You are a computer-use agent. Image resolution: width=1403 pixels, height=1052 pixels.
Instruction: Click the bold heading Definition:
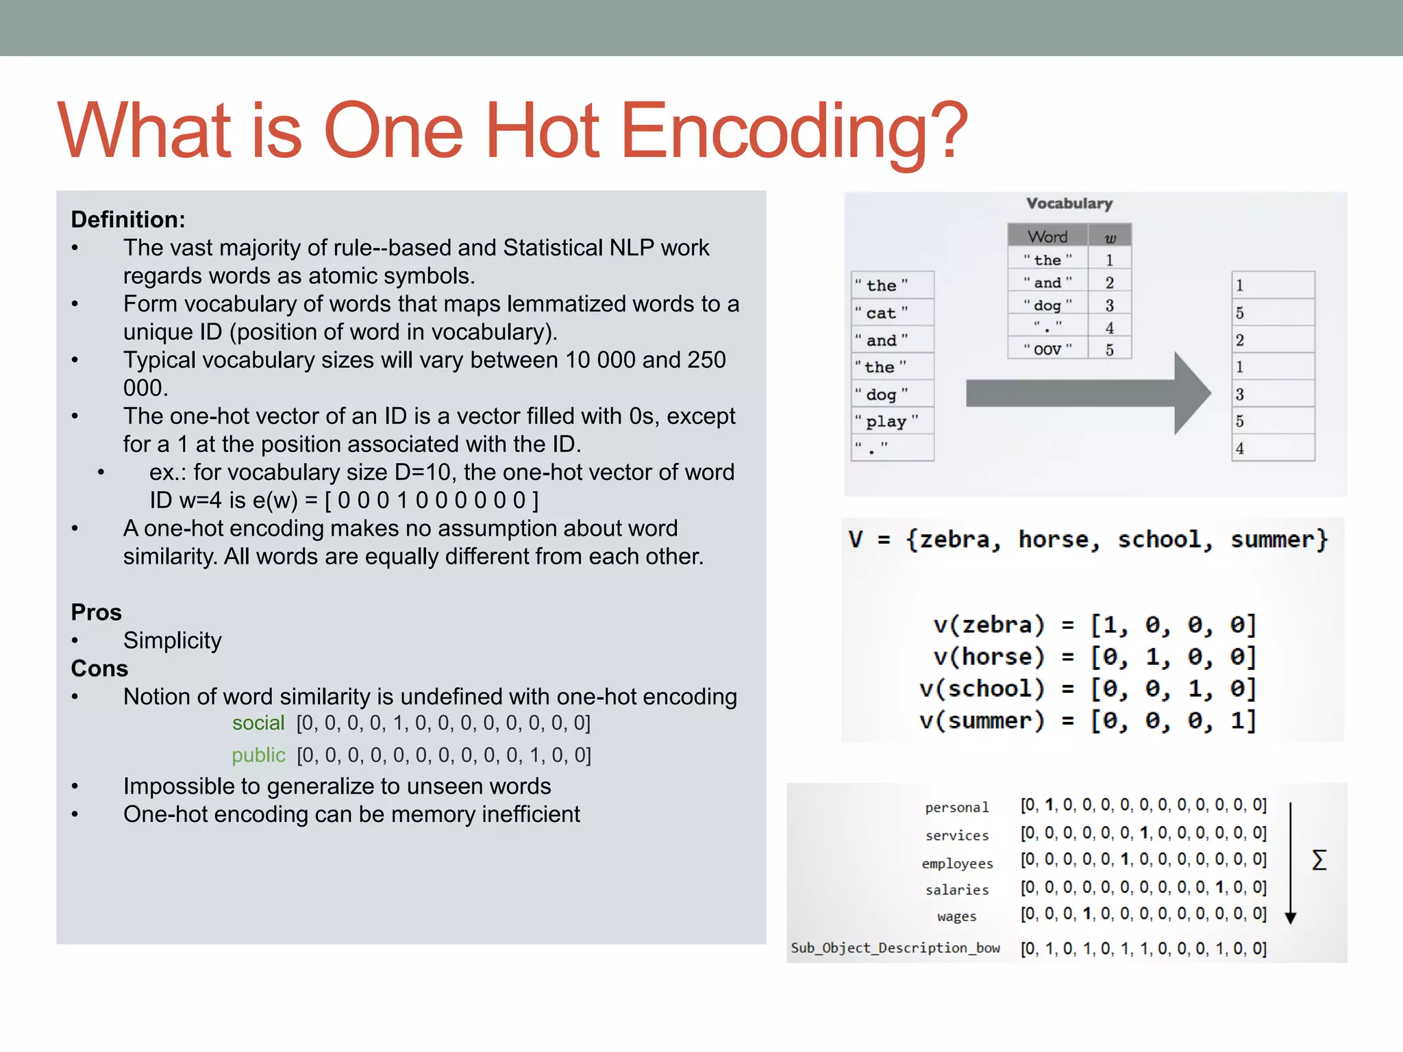point(128,220)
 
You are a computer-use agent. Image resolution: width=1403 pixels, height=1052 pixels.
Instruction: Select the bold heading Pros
point(96,612)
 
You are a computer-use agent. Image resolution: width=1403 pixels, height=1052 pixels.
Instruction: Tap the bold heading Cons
point(99,668)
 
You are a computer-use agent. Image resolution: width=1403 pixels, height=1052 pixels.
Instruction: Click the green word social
point(258,723)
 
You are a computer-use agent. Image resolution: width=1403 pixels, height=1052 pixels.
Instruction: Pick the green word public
point(258,755)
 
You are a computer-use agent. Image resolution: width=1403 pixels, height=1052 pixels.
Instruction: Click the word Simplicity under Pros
point(172,640)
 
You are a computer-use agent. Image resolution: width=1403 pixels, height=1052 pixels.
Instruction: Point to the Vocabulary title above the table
point(1069,203)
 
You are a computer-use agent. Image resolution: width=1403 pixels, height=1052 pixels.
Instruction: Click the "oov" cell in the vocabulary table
point(1047,349)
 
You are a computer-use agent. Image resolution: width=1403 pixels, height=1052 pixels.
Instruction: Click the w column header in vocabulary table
point(1110,238)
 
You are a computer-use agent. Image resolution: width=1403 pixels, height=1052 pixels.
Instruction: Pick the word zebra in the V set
point(954,540)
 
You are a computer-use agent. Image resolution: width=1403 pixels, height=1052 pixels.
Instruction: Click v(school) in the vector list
point(982,688)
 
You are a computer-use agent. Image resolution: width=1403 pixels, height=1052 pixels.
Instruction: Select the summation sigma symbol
point(1319,860)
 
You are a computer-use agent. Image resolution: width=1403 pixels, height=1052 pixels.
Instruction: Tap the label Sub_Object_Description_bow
point(895,948)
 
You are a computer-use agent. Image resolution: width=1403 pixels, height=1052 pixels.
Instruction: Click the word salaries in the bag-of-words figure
point(957,890)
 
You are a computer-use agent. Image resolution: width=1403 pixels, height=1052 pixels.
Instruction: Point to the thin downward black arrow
point(1290,863)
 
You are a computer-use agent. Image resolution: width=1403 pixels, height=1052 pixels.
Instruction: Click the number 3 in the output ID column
point(1240,394)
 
